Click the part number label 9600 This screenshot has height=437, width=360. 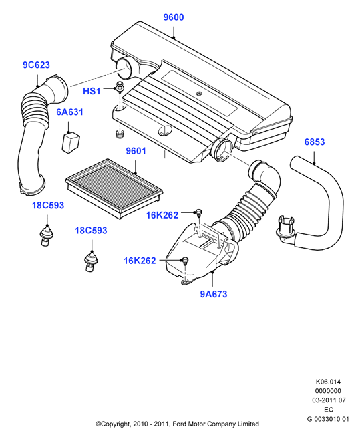point(173,17)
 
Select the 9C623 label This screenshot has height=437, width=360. point(36,65)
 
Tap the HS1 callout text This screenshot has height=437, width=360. point(92,91)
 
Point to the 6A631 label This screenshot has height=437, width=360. point(69,112)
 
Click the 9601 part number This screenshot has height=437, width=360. point(136,151)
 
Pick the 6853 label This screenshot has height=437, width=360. point(315,142)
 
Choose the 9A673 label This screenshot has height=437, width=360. point(214,294)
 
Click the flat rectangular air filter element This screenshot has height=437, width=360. point(114,188)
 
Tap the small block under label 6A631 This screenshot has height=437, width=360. point(71,143)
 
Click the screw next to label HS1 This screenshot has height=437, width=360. point(120,86)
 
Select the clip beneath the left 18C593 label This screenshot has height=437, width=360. point(46,235)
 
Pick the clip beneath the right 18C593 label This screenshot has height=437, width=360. point(91,261)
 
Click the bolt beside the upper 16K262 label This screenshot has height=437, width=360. point(198,213)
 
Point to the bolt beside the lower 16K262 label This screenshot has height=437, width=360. point(185,261)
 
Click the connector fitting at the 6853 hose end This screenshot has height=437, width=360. point(285,227)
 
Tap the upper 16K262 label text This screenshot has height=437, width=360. point(162,215)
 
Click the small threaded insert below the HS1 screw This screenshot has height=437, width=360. point(120,134)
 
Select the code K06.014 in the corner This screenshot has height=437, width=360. point(328,382)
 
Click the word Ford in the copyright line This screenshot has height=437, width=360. point(180,424)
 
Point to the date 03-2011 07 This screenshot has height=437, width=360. point(329,400)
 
